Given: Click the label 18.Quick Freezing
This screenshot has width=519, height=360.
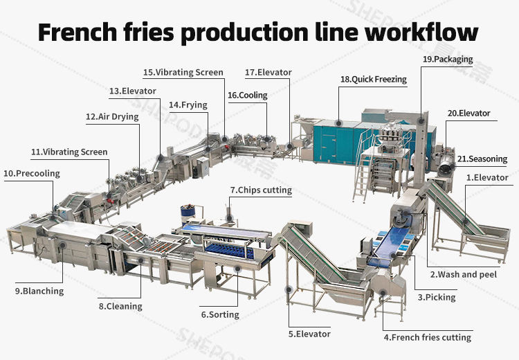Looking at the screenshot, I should (373, 80).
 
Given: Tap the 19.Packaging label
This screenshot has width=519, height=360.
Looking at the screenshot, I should (448, 60).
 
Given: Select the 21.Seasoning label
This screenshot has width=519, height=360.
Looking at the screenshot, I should (478, 159).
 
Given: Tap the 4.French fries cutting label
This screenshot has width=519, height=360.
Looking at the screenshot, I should (427, 338).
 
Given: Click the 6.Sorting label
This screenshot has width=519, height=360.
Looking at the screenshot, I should (220, 315).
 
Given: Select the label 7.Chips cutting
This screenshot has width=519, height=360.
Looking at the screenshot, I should (261, 190).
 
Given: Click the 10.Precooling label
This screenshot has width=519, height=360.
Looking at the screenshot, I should (32, 173).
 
